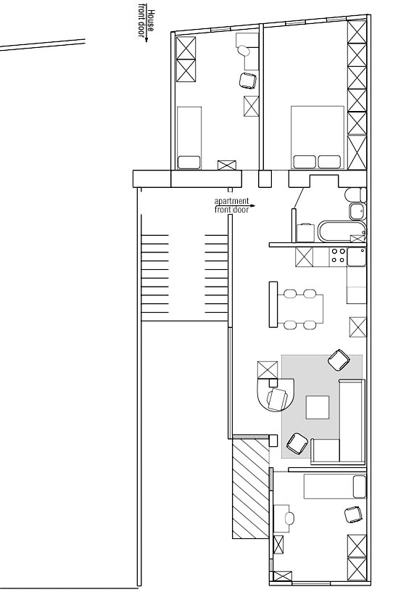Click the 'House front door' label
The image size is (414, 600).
pos(146,24)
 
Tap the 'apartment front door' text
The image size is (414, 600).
pos(232,205)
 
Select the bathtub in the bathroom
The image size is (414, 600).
pos(341,231)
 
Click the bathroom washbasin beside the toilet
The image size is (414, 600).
pos(357,211)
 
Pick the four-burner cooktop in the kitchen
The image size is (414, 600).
pos(339,256)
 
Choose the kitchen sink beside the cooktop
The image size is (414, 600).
pos(356,256)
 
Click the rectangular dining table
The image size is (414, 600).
pos(300,309)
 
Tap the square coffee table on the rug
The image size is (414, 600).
pos(318,407)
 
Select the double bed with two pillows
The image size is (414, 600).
pos(318,137)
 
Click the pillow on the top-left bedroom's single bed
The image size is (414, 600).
pos(189,162)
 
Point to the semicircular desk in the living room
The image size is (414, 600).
pos(276,394)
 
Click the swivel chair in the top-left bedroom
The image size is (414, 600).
pos(248,81)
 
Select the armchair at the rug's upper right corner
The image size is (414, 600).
pos(339,360)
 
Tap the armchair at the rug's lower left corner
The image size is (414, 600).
pos(297,444)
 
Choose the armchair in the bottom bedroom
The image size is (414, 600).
pos(353,514)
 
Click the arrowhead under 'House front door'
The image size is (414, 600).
pos(146,39)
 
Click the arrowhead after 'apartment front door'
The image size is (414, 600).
pos(253,205)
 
